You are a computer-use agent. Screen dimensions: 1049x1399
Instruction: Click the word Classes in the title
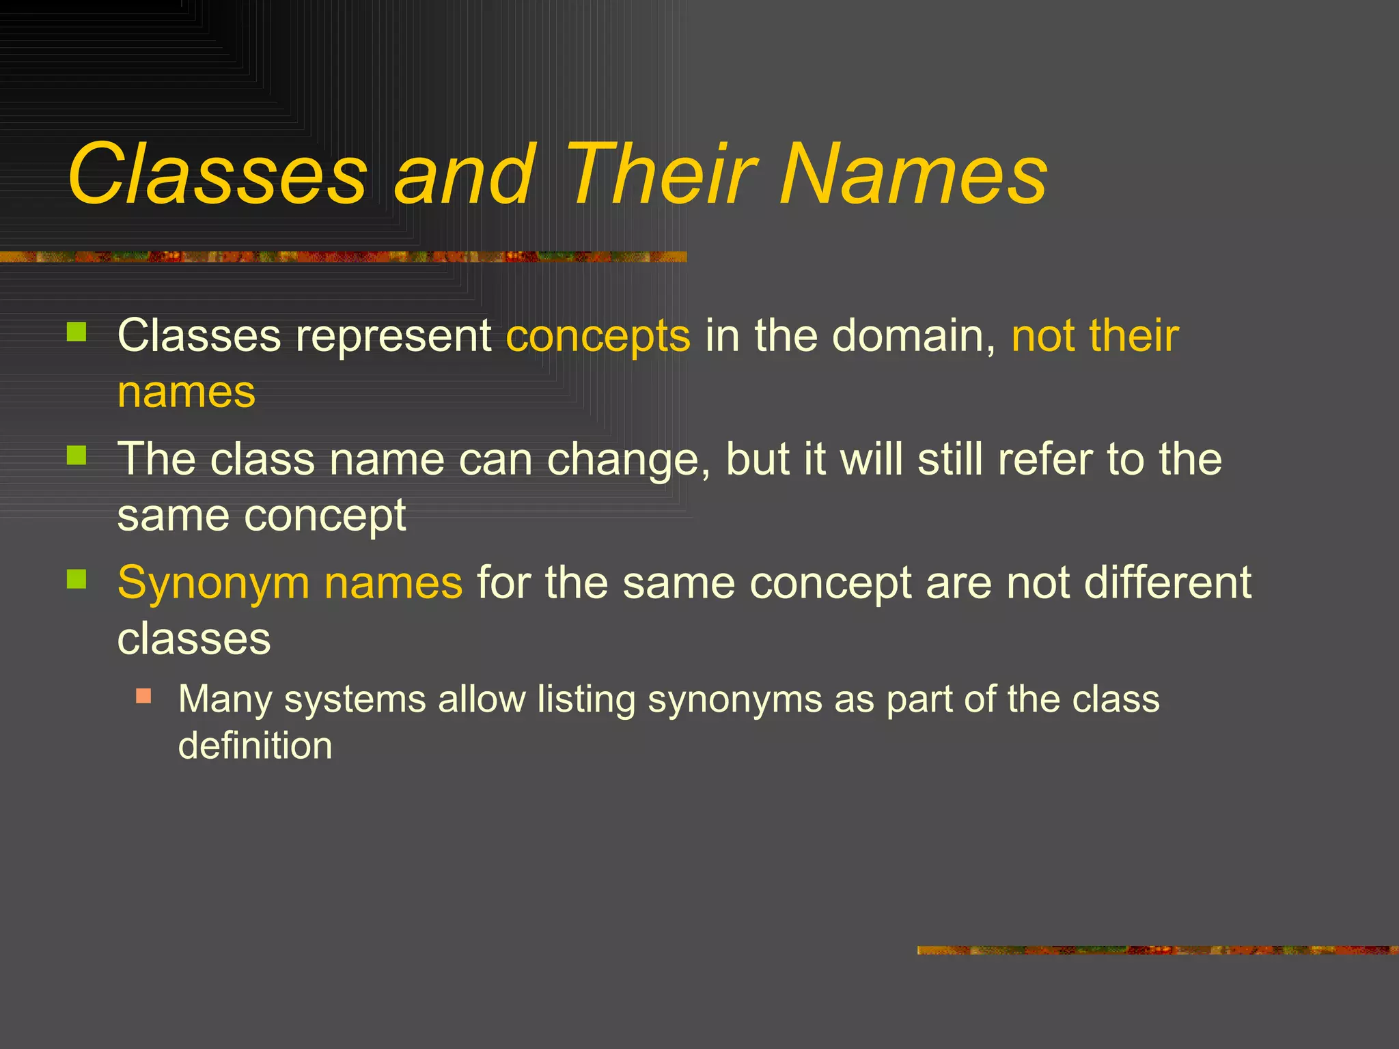[217, 174]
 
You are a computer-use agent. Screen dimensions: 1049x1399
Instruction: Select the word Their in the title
[661, 174]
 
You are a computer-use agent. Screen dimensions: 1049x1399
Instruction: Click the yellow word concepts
[598, 337]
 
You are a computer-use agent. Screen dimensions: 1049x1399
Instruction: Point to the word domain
[913, 335]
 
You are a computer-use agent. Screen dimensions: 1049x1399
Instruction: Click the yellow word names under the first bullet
[186, 393]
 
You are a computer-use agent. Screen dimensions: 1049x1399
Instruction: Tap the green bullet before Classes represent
[77, 333]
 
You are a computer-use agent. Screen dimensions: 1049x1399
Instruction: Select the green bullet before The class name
[77, 456]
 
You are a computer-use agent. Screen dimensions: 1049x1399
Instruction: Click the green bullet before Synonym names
[77, 579]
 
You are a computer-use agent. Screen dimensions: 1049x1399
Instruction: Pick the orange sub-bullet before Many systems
[143, 697]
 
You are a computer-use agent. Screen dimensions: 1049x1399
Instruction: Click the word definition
[255, 745]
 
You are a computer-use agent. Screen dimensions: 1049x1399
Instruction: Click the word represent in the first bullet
[393, 337]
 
